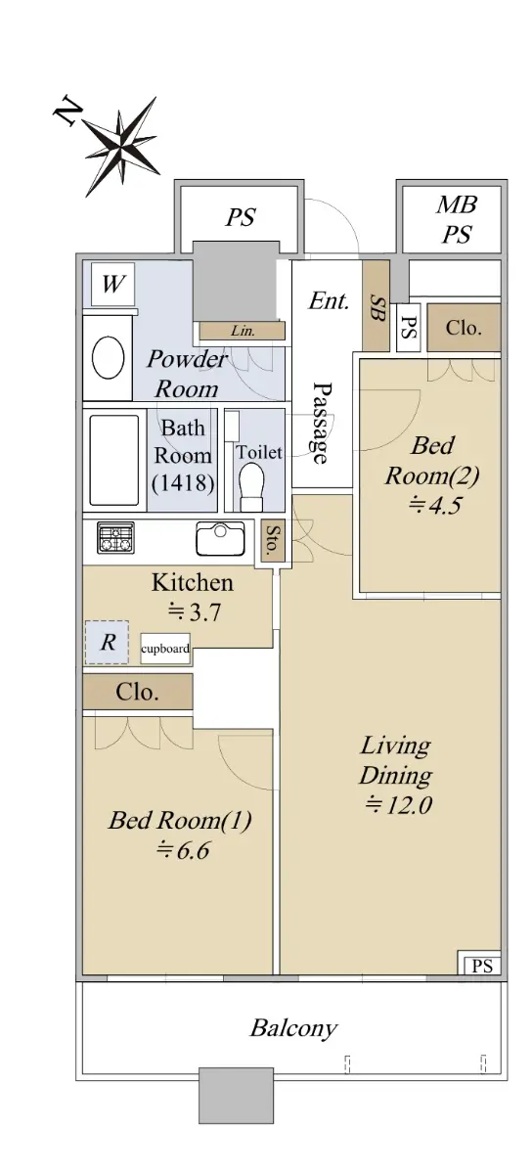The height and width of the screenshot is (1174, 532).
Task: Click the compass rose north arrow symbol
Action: (120, 148)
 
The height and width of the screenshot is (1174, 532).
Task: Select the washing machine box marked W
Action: (112, 284)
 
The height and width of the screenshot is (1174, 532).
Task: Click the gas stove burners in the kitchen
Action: (115, 537)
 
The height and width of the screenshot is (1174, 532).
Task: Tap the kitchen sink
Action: (220, 538)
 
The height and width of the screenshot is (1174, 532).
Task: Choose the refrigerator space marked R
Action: (107, 642)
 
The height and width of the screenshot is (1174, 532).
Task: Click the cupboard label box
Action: (165, 649)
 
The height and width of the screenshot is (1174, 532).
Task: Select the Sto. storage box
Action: (273, 540)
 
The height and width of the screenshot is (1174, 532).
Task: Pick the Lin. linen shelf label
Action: (243, 331)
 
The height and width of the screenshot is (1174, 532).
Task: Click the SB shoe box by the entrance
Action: (377, 306)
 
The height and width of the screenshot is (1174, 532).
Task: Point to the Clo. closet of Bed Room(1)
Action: (138, 692)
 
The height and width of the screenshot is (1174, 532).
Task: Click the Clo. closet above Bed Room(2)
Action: (464, 328)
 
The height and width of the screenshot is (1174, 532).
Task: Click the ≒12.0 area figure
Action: (398, 804)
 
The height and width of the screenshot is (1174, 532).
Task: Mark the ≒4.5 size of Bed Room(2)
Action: (434, 505)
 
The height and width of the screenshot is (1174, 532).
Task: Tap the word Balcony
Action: (293, 1028)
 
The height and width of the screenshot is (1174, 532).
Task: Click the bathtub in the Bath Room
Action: (114, 460)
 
